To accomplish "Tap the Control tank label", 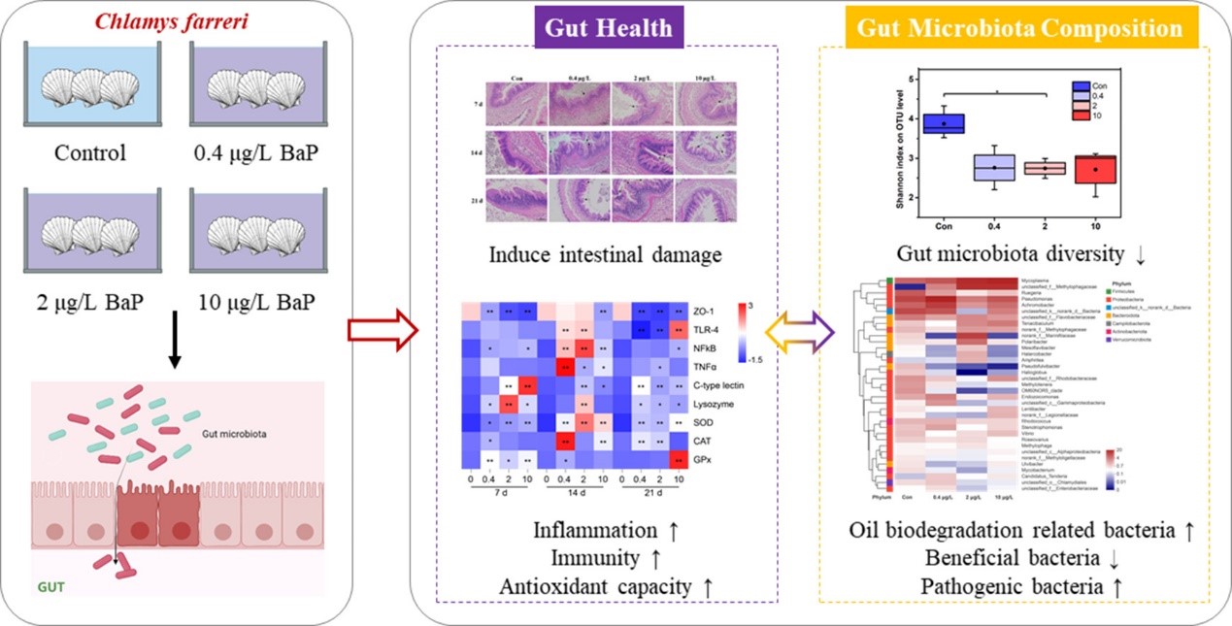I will pyautogui.click(x=91, y=153).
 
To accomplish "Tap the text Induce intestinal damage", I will pyautogui.click(x=606, y=256).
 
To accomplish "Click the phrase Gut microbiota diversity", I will pyautogui.click(x=1010, y=254).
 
